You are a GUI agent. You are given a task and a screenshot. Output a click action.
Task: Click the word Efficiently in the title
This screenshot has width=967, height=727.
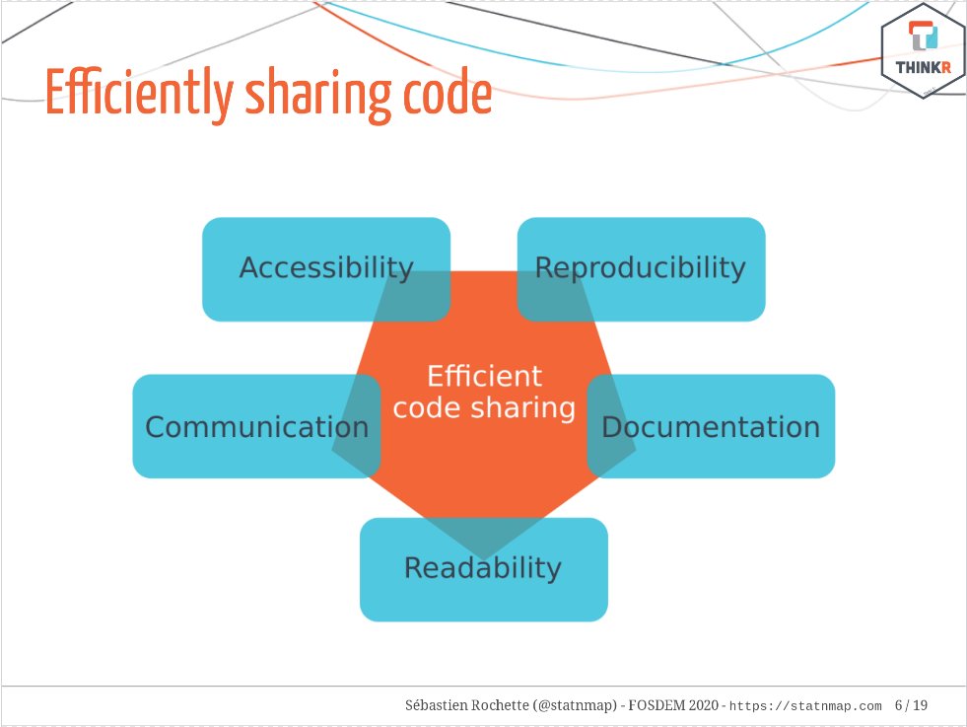pyautogui.click(x=137, y=95)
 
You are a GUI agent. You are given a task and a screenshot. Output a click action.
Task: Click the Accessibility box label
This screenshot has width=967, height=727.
pyautogui.click(x=325, y=267)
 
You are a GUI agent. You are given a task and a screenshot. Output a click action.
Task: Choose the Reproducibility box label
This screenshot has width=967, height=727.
pyautogui.click(x=640, y=267)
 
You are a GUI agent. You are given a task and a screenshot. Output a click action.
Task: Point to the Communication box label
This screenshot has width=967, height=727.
pyautogui.click(x=256, y=426)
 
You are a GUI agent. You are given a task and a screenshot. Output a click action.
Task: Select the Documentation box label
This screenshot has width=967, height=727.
pyautogui.click(x=710, y=426)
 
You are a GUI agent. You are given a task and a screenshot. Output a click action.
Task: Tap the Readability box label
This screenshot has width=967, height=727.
pyautogui.click(x=482, y=567)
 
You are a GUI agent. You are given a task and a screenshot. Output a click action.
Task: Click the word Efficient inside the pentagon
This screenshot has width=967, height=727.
pyautogui.click(x=484, y=376)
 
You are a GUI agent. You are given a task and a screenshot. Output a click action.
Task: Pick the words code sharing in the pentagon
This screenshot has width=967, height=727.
pyautogui.click(x=484, y=407)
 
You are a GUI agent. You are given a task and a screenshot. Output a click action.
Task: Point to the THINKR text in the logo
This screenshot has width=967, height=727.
pyautogui.click(x=923, y=68)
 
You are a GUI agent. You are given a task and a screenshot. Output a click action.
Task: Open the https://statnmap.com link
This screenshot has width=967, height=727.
pyautogui.click(x=804, y=706)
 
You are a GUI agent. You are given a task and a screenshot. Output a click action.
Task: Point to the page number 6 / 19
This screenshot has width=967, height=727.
pyautogui.click(x=911, y=705)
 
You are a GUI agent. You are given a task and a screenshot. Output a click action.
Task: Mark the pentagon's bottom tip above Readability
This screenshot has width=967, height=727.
pyautogui.click(x=483, y=555)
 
